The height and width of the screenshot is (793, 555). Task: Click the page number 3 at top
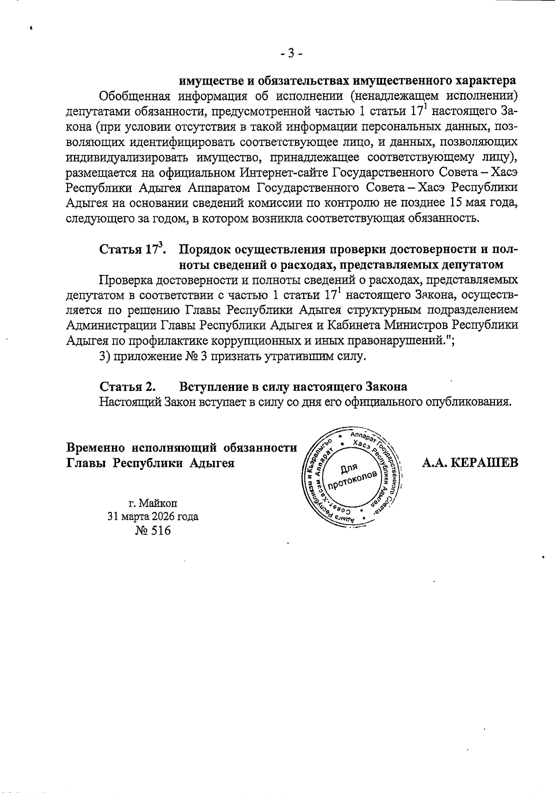[291, 54]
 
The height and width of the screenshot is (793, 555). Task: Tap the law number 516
[160, 531]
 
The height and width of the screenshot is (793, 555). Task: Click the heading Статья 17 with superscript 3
[133, 250]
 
